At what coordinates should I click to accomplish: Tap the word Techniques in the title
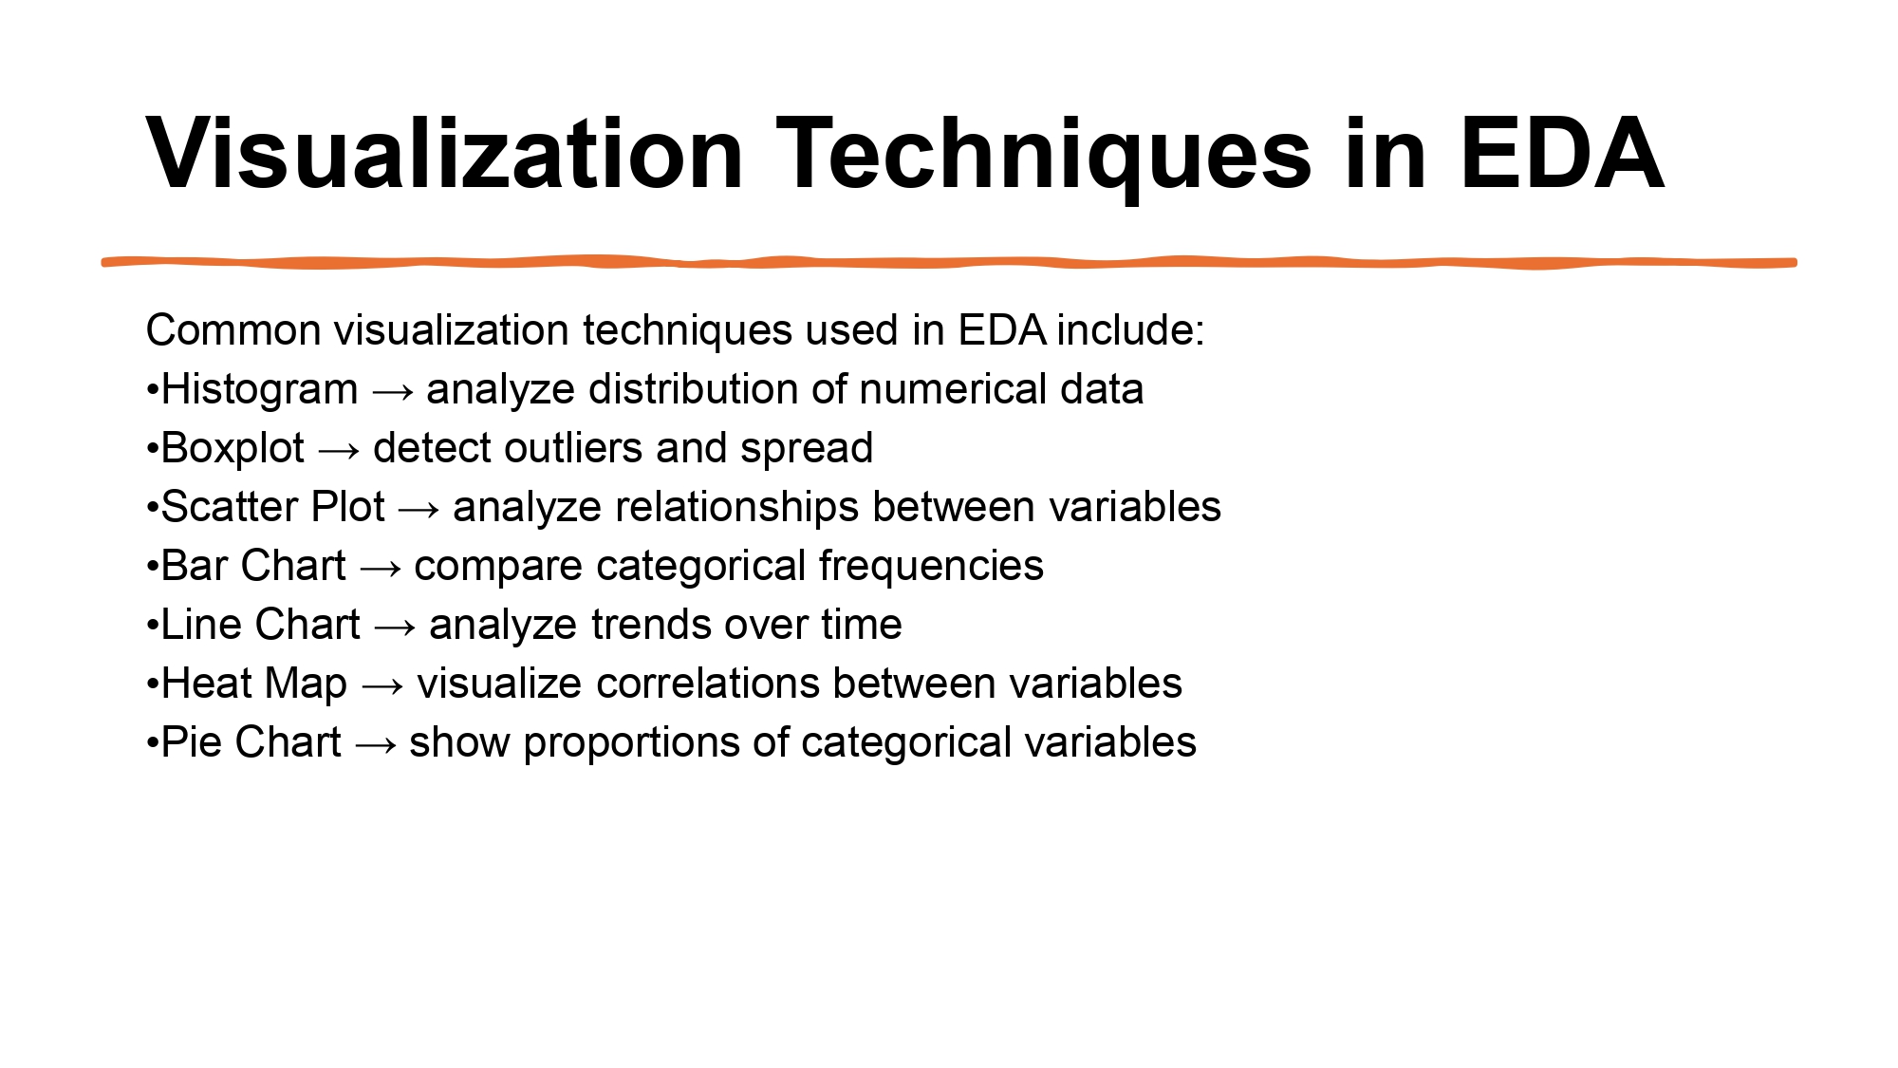pyautogui.click(x=1044, y=154)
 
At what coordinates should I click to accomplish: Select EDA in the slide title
pyautogui.click(x=1561, y=154)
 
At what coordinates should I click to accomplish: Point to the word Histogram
pyautogui.click(x=259, y=390)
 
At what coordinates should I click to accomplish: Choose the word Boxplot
pyautogui.click(x=233, y=449)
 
